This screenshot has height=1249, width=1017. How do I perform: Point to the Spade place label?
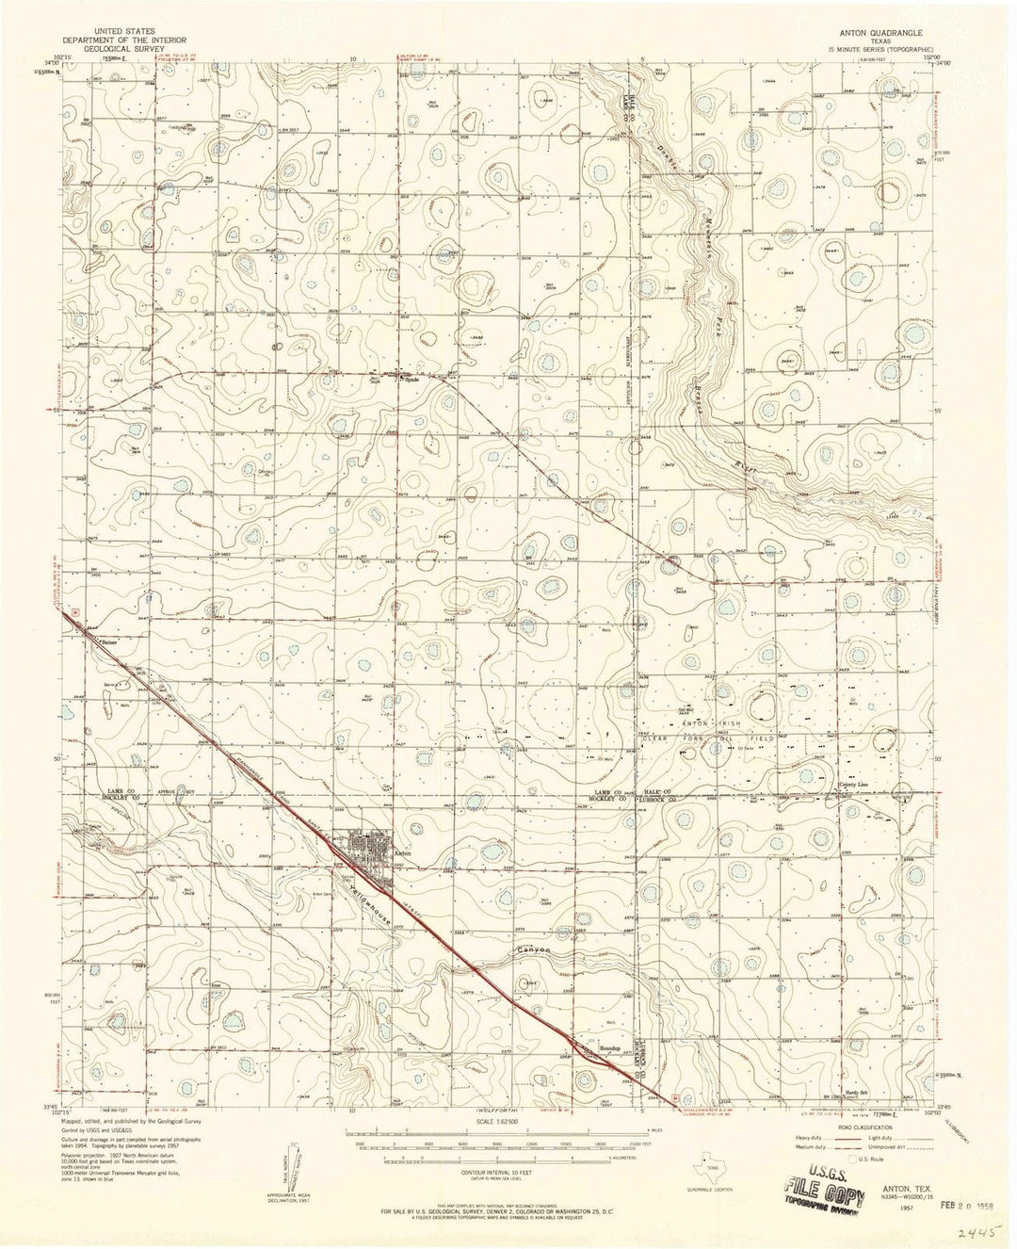pos(410,381)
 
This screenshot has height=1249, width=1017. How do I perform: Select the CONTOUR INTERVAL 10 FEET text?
pos(512,1166)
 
